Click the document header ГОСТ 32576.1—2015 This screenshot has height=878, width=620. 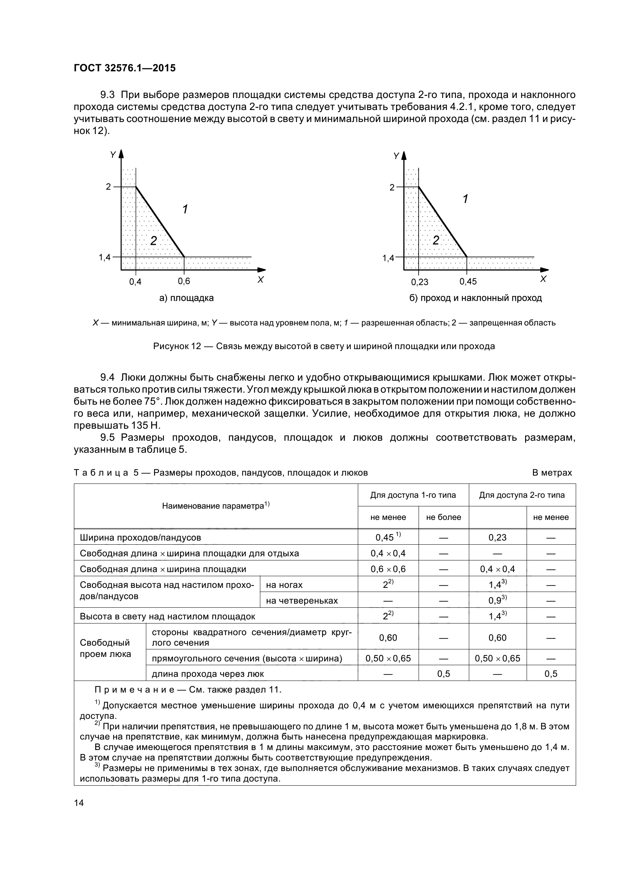pyautogui.click(x=125, y=68)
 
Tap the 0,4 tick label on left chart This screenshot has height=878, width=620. pyautogui.click(x=135, y=282)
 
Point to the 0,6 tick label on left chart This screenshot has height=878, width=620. pyautogui.click(x=184, y=282)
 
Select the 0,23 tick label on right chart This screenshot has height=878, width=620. pyautogui.click(x=419, y=282)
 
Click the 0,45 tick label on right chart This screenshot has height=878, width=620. pyautogui.click(x=468, y=282)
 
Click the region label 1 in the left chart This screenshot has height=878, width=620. pyautogui.click(x=185, y=209)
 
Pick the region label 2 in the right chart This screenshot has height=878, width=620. pyautogui.click(x=435, y=240)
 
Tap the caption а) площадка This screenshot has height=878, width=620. pyautogui.click(x=186, y=298)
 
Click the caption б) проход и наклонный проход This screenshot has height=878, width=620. pyautogui.click(x=476, y=298)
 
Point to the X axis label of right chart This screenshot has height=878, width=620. pyautogui.click(x=543, y=279)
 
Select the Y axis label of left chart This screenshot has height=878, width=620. pyautogui.click(x=113, y=155)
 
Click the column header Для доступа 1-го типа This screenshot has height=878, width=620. pyautogui.click(x=413, y=495)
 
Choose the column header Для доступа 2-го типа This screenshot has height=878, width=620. pyautogui.click(x=522, y=495)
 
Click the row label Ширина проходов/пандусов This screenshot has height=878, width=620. pyautogui.click(x=140, y=537)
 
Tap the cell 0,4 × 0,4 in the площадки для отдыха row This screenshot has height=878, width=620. pyautogui.click(x=388, y=553)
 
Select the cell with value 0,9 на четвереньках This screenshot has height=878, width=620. pyautogui.click(x=497, y=600)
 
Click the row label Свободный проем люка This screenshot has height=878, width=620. pyautogui.click(x=105, y=648)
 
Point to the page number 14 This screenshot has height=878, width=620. pyautogui.click(x=79, y=803)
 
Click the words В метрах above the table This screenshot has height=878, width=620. pyautogui.click(x=552, y=473)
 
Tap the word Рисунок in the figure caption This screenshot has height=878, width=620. pyautogui.click(x=171, y=346)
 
